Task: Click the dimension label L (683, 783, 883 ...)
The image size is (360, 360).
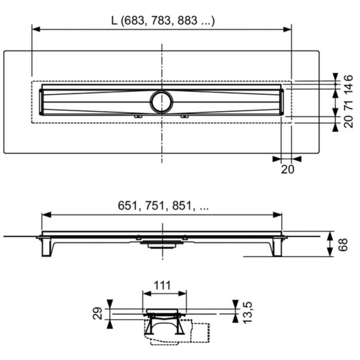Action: tap(163, 21)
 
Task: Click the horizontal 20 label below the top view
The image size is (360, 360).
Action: tap(289, 169)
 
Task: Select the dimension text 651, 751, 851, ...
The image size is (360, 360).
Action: tap(161, 205)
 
